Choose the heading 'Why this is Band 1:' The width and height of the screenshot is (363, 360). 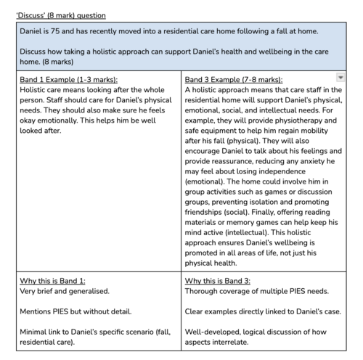click(x=46, y=281)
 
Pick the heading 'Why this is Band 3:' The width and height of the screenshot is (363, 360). click(x=217, y=281)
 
